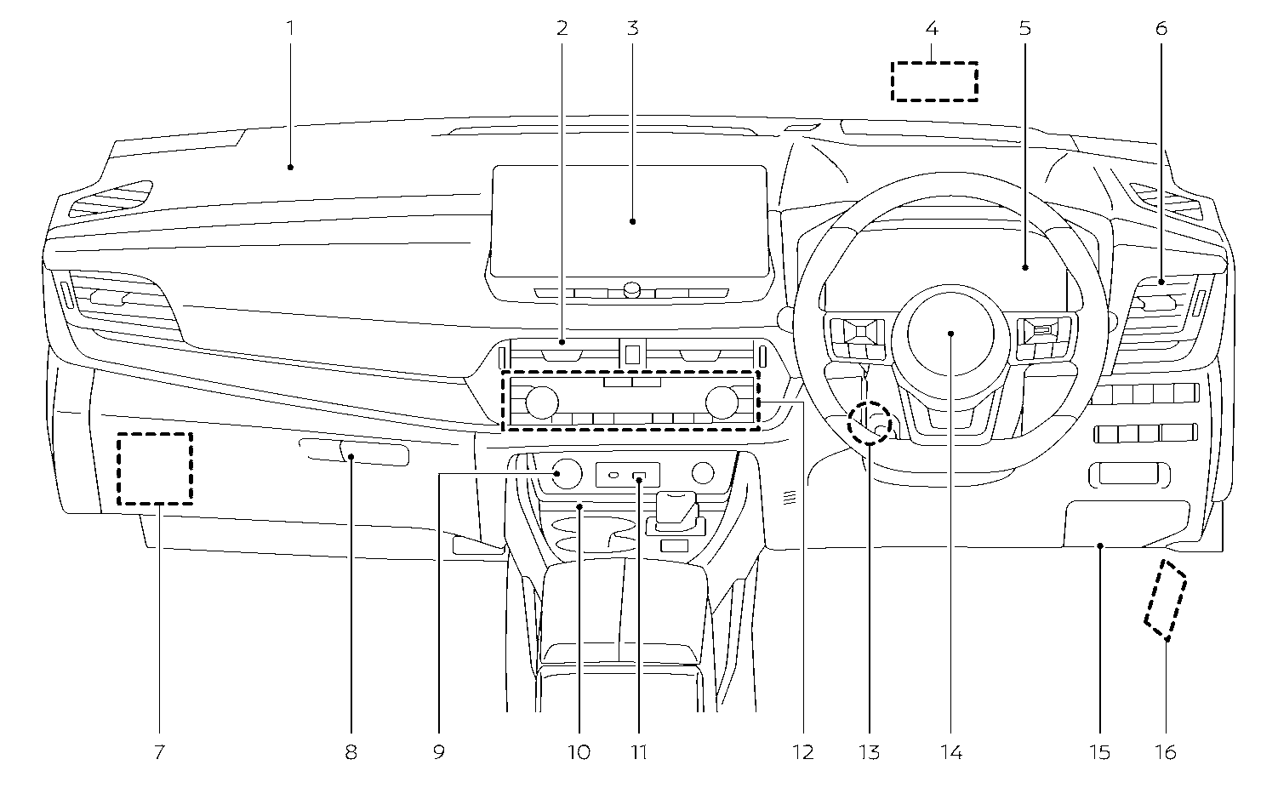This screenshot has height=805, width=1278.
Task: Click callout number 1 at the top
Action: click(x=289, y=27)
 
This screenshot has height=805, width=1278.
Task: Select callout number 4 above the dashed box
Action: click(x=932, y=27)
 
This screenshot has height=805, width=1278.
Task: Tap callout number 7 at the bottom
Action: click(x=159, y=752)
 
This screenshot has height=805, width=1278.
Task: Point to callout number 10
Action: click(x=579, y=752)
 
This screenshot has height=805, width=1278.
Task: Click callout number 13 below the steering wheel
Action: click(x=869, y=752)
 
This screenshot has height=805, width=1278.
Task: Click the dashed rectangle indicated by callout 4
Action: click(x=934, y=81)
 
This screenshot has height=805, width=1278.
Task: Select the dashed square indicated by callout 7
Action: click(x=155, y=469)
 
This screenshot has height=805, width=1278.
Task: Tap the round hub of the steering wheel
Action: click(x=950, y=333)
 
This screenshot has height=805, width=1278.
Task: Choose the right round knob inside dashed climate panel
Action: click(x=721, y=402)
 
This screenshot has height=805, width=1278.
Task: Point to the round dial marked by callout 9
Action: click(x=566, y=475)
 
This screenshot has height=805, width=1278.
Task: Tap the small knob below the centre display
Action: click(x=631, y=290)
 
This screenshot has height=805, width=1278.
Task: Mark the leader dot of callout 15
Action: click(x=1099, y=545)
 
